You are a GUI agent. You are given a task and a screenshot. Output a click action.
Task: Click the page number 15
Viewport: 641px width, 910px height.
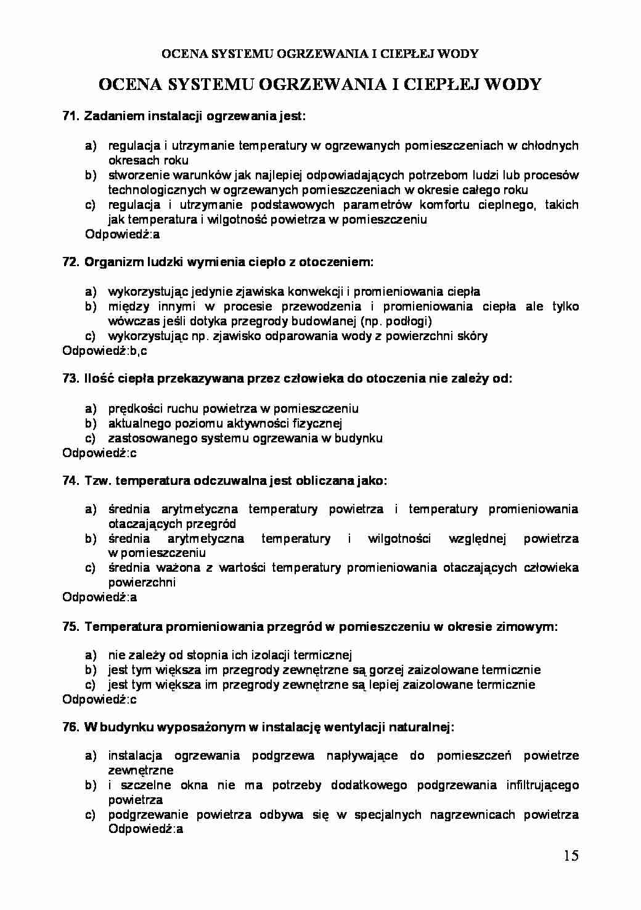(x=570, y=856)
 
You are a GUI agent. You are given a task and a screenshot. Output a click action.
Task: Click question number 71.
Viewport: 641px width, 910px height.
(x=71, y=116)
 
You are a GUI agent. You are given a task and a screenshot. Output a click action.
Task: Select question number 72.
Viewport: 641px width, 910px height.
(x=71, y=262)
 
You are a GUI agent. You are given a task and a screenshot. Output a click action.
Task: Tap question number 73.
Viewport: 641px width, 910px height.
(x=71, y=379)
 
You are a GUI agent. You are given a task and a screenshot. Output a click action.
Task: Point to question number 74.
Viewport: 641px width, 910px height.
(x=71, y=481)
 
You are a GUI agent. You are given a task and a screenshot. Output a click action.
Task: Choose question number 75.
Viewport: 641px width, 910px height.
(x=71, y=627)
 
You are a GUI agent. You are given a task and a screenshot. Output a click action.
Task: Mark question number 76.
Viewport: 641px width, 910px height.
(x=71, y=728)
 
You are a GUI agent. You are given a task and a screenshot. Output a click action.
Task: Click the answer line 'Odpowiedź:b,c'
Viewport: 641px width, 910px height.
(x=105, y=351)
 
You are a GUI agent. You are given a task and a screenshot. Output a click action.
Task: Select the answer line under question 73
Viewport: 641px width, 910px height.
(x=100, y=453)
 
